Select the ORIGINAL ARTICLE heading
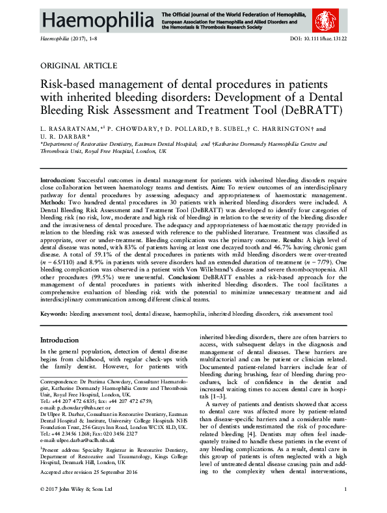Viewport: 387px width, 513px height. [x=79, y=66]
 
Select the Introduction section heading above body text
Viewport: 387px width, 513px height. [x=59, y=340]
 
